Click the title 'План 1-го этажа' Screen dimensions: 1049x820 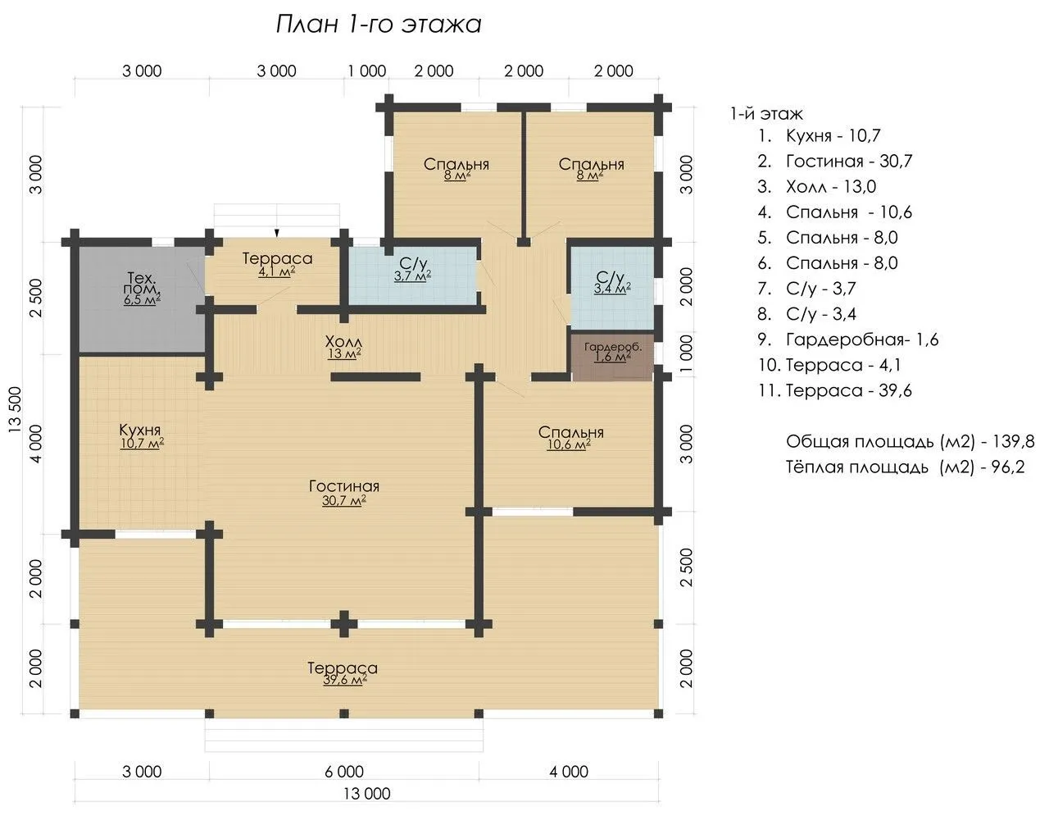point(379,24)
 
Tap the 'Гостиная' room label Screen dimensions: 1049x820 point(344,486)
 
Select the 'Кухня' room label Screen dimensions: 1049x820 point(139,430)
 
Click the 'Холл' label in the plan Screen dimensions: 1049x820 point(343,341)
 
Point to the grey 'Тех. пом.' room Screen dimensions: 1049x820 point(142,299)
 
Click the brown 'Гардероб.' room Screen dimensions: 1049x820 point(613,358)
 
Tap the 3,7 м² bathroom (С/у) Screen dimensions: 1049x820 point(413,276)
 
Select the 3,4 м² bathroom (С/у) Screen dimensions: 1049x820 point(613,287)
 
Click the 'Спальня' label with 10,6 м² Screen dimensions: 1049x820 point(571,432)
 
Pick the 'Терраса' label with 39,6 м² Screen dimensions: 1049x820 point(343,667)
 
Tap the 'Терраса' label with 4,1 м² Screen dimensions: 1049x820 point(278,258)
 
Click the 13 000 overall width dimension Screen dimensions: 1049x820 point(367,794)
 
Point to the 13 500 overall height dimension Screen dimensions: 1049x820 point(15,409)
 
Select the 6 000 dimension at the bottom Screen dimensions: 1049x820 point(344,772)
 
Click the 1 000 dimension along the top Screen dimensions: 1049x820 point(367,71)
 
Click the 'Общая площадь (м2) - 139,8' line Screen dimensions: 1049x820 point(910,441)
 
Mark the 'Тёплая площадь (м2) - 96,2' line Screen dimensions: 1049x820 point(906,467)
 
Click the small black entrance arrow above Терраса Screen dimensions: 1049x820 point(277,233)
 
